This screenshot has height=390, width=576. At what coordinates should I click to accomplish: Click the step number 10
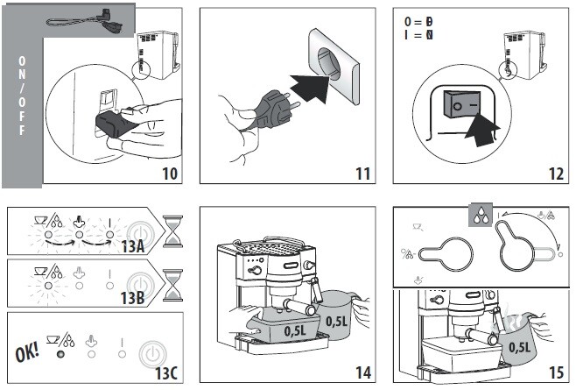tap(170, 173)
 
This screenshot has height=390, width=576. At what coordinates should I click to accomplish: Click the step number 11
tap(362, 173)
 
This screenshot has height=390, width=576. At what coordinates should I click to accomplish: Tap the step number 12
tap(555, 173)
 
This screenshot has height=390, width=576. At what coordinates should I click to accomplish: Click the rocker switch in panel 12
tap(461, 106)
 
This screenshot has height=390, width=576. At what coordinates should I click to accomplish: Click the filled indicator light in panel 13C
tap(60, 355)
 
